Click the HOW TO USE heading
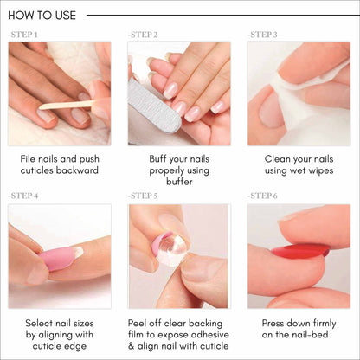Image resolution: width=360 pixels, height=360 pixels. tap(42, 15)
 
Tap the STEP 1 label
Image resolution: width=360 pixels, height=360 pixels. tap(22, 35)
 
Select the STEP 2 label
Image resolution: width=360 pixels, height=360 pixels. tap(143, 35)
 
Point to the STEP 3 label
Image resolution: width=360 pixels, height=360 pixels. tap(262, 35)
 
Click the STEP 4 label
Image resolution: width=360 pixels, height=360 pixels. tap(22, 196)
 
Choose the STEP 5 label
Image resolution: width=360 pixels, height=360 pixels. tap(143, 196)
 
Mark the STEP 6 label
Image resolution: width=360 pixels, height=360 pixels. tap(262, 196)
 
